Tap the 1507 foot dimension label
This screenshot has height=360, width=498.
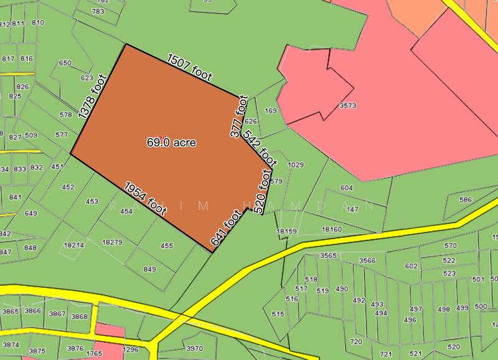(190, 68)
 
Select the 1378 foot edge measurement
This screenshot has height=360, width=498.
(93, 97)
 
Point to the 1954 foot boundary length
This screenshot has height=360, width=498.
(145, 199)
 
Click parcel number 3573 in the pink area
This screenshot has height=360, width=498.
(347, 106)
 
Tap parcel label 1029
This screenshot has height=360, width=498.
(296, 165)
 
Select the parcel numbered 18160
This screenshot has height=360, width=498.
(332, 230)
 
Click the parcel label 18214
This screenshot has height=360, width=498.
(73, 245)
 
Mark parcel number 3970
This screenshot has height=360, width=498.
(195, 348)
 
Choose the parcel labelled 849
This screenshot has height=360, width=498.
(149, 269)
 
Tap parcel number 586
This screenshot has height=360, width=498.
(465, 200)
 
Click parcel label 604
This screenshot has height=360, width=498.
(347, 188)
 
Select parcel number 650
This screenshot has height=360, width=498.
(65, 63)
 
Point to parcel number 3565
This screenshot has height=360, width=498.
(328, 256)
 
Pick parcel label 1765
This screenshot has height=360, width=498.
(94, 354)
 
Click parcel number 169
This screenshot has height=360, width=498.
(270, 111)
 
